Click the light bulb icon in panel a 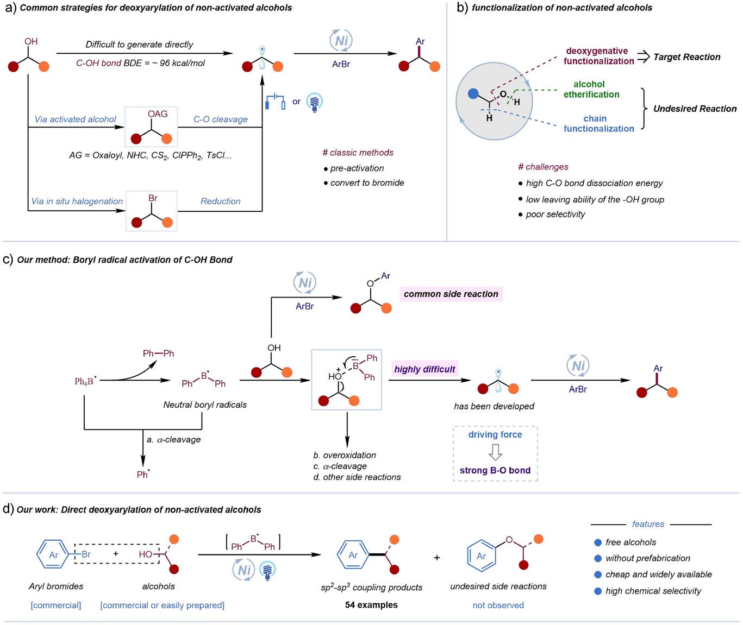coord(314,102)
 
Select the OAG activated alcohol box coord(151,127)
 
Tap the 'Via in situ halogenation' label coord(77,201)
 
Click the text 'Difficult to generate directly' coord(139,45)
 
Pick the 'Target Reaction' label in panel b coord(686,57)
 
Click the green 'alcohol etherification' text coord(591,89)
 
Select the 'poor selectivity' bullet coord(555,214)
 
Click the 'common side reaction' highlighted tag coord(451,294)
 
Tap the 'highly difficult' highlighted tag coord(424,369)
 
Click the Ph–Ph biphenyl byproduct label coord(158,353)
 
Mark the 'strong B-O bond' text coord(495,470)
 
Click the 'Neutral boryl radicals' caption coord(205,405)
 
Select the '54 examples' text coord(371,605)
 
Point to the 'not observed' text coord(498,605)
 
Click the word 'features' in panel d coord(648,524)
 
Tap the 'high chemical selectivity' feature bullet coord(653,591)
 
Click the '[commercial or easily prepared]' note coord(162,605)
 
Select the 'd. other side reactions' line coord(357,477)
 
